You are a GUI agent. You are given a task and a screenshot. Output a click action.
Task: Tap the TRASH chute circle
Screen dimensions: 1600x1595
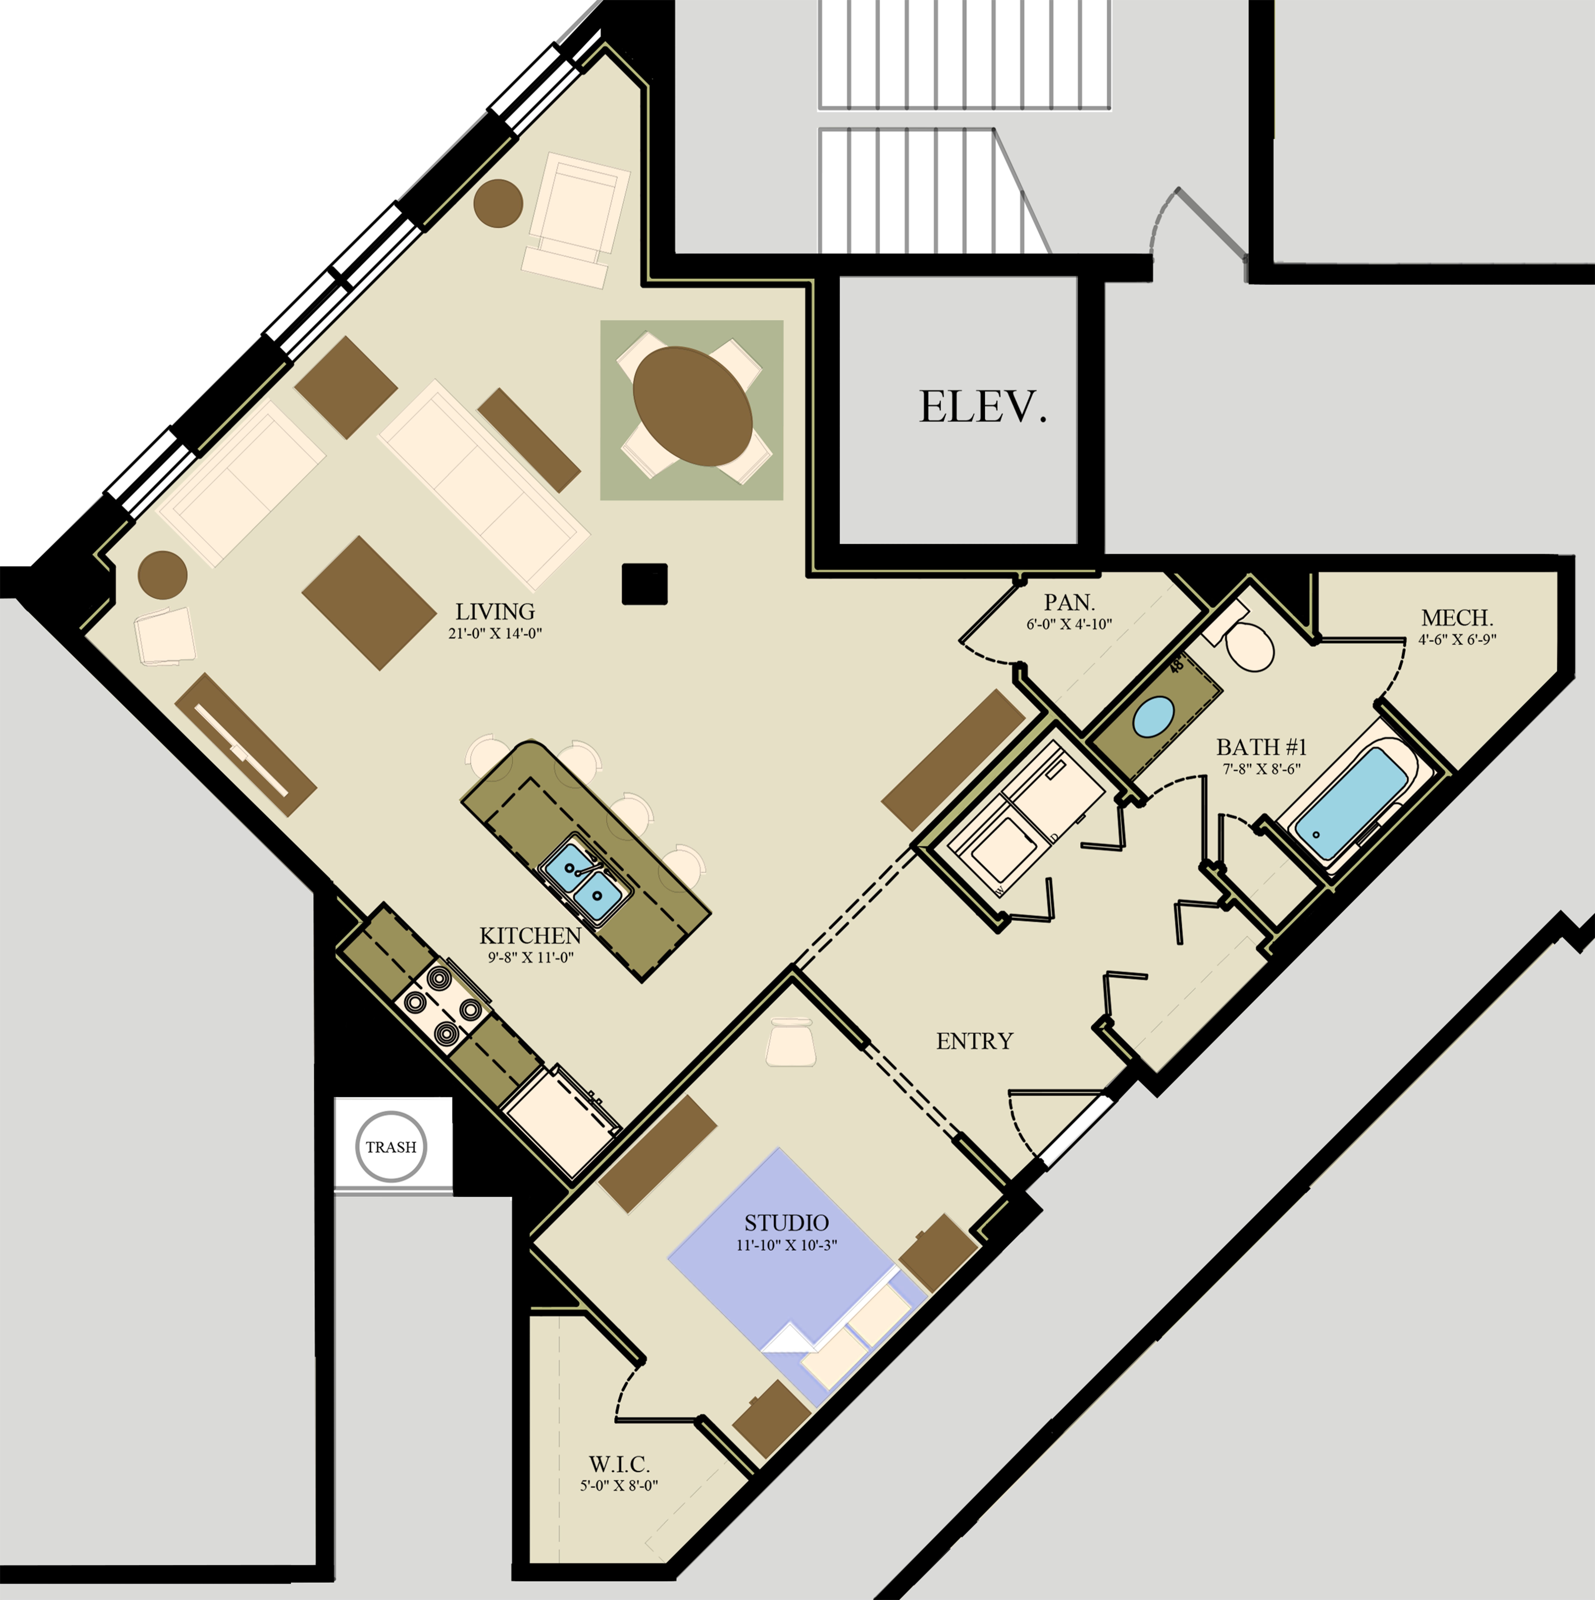point(391,1147)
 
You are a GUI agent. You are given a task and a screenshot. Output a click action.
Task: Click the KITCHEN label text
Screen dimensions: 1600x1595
point(530,936)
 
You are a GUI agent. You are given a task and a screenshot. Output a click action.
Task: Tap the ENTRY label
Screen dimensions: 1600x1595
point(974,1041)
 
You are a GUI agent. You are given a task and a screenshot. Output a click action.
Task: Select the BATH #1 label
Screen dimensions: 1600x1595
point(1260,747)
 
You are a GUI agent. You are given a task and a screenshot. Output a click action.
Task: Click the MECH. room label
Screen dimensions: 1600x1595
point(1457,618)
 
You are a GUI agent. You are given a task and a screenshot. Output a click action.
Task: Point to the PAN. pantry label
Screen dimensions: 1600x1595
point(1068,602)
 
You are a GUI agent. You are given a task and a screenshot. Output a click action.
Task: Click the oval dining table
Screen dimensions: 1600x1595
point(692,406)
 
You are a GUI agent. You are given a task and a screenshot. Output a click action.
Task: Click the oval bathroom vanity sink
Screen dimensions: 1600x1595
point(1153,717)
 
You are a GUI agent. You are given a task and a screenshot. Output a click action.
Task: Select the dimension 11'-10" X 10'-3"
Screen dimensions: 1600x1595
point(786,1245)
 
